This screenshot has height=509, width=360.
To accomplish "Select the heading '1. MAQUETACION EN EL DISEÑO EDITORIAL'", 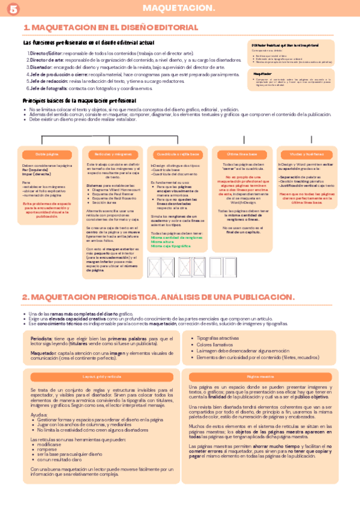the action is coord(110,28).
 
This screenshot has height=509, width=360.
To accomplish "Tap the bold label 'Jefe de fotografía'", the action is coord(47,88).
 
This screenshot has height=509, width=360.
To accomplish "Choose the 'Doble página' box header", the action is coord(47,154).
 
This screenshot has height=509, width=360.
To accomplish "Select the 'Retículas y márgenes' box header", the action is coord(112,154).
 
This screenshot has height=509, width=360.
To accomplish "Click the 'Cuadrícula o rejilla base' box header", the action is coord(178,154).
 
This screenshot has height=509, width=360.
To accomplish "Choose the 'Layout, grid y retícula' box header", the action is coord(98,376).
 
